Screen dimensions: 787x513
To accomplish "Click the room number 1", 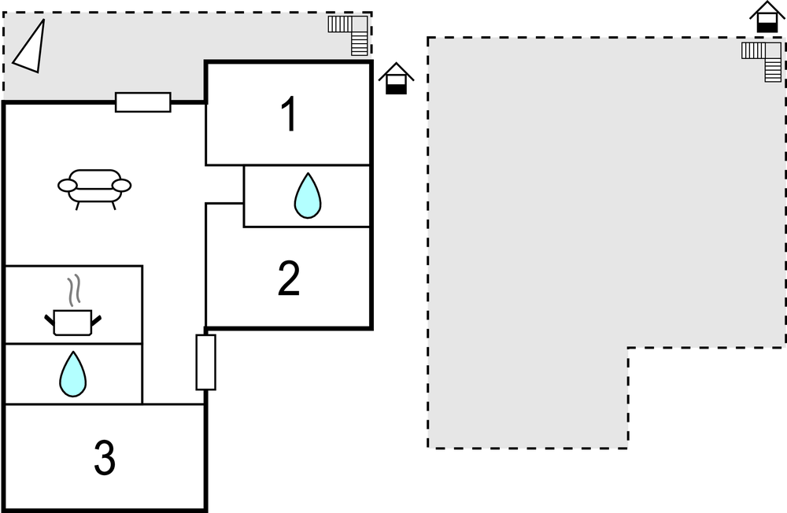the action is (289, 114).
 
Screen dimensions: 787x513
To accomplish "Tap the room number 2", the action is (289, 279).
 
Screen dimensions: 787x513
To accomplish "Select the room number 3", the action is (105, 457).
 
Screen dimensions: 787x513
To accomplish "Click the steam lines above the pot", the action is (74, 290).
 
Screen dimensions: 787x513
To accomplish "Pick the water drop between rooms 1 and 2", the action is (307, 196).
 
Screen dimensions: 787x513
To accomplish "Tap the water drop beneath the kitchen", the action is (72, 374).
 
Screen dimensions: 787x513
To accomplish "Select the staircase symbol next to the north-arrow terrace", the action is (349, 35).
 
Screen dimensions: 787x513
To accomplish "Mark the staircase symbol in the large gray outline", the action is (762, 61).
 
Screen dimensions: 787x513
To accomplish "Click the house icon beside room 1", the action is (396, 79).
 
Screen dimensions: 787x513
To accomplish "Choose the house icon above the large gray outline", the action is (767, 17).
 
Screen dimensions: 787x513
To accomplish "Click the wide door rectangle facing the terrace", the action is (143, 102).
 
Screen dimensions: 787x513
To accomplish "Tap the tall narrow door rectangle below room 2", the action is (205, 362).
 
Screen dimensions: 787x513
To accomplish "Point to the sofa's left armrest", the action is (67, 186).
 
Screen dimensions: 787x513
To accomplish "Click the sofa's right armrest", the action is (121, 186).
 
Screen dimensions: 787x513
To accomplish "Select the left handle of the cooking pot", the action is (49, 319).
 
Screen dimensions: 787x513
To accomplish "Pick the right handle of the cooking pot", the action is (96, 319).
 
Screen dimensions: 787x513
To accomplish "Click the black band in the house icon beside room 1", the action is (396, 89).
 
